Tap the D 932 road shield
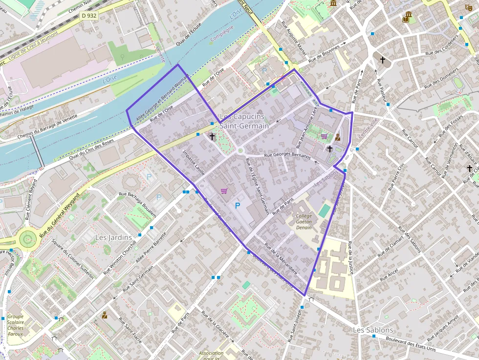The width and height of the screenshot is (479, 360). coord(89,16)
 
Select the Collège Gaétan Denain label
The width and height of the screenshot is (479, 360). coord(304,221)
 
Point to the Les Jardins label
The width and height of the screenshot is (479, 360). coord(114,237)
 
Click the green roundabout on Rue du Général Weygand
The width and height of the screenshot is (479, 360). coord(27,239)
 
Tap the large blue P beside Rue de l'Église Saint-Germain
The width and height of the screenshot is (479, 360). coord(238,206)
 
